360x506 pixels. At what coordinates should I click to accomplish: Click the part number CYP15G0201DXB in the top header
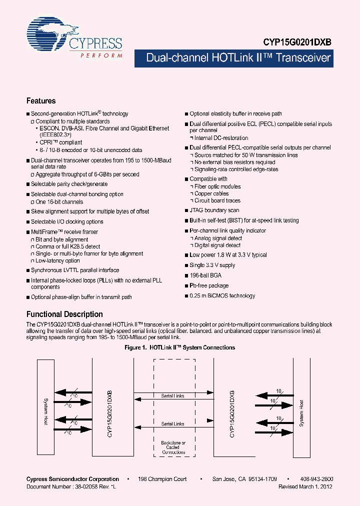[x=298, y=43]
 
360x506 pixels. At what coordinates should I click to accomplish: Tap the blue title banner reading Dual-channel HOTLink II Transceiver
[x=245, y=58]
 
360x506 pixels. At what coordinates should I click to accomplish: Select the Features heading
[x=41, y=100]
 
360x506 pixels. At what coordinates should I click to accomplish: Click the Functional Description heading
[x=64, y=314]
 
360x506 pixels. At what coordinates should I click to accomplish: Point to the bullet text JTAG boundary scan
[x=214, y=210]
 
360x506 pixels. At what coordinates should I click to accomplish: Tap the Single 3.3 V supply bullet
[x=212, y=265]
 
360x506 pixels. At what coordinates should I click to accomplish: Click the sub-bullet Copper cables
[x=211, y=193]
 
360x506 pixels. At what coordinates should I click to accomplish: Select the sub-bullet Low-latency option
[x=57, y=260]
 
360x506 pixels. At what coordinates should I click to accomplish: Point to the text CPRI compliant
[x=61, y=142]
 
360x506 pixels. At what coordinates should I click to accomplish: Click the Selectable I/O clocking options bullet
[x=67, y=221]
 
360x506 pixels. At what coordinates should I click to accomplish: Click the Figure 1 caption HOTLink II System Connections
[x=179, y=347]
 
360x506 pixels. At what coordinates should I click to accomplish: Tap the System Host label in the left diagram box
[x=45, y=411]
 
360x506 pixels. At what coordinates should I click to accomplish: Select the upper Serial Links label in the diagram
[x=172, y=396]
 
